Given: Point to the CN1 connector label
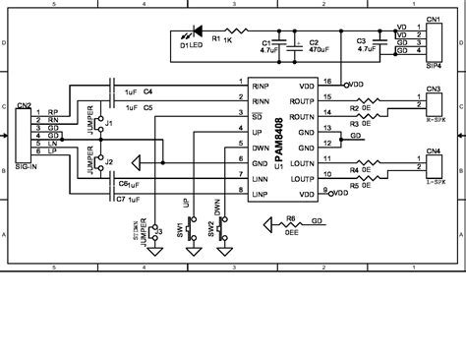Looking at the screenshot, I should [433, 19].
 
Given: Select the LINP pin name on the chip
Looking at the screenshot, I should [260, 193].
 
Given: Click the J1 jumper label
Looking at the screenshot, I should [109, 123].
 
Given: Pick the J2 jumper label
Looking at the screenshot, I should [109, 160].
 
